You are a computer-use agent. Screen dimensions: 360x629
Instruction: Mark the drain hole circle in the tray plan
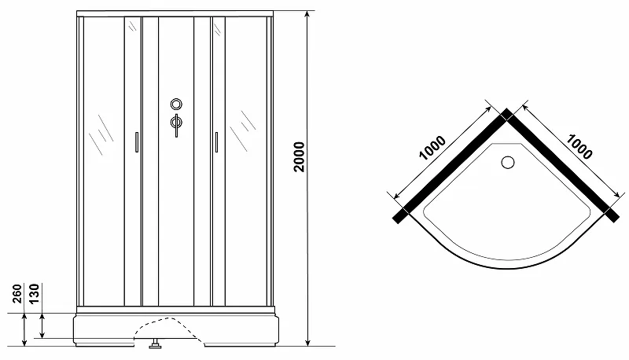point(506,163)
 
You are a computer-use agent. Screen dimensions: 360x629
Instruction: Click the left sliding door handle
point(137,142)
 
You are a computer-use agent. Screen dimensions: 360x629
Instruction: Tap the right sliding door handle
point(214,142)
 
